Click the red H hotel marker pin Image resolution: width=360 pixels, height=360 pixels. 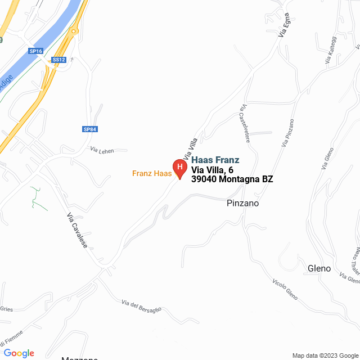click(x=179, y=168)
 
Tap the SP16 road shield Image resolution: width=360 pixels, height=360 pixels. click(x=36, y=51)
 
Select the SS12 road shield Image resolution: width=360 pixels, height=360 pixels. click(x=58, y=60)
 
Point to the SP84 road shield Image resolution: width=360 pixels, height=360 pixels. click(x=90, y=129)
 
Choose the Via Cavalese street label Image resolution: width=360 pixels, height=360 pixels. click(x=78, y=231)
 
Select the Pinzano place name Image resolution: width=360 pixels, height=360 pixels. click(x=242, y=203)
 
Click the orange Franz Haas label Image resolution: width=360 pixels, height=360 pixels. click(x=152, y=173)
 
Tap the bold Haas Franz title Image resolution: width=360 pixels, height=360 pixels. click(x=215, y=160)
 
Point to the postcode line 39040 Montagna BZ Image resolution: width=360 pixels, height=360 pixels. click(x=232, y=179)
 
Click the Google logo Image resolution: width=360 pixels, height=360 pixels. click(x=19, y=353)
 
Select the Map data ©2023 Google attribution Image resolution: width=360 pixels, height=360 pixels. click(x=324, y=355)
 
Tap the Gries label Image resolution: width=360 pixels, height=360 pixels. click(x=6, y=309)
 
